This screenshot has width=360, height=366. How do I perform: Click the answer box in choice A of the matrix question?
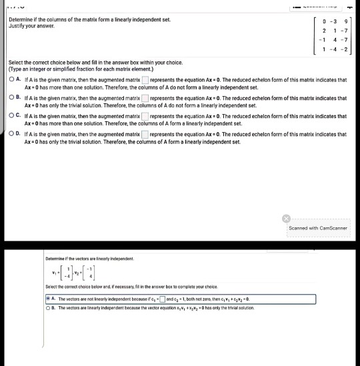(x=145, y=80)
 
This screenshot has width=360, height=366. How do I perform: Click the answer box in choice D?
(x=145, y=134)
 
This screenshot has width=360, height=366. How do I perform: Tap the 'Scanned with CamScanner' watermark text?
(x=318, y=227)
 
